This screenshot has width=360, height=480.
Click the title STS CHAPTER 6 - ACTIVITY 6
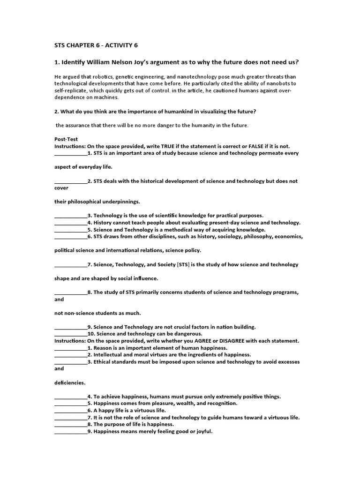(x=97, y=45)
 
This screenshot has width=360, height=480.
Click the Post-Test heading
(x=67, y=139)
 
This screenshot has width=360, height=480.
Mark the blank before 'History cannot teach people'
(x=71, y=223)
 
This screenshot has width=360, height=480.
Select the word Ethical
(x=104, y=362)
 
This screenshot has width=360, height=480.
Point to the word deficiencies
(x=69, y=382)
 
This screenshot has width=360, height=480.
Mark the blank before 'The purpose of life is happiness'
(x=71, y=424)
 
